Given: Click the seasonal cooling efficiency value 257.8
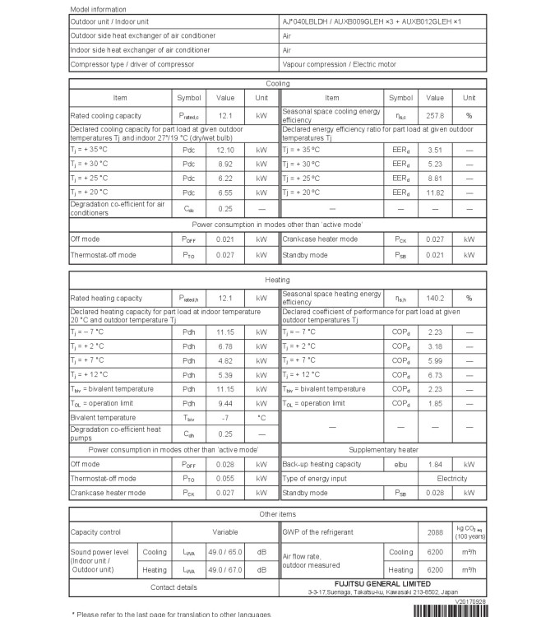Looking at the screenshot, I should [435, 116].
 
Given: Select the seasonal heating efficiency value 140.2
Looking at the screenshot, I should [435, 298].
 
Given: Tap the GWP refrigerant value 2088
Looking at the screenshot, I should [436, 532].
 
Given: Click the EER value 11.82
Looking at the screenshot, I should [435, 193].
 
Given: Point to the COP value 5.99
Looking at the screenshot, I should [435, 360].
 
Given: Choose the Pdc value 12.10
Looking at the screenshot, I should [225, 151].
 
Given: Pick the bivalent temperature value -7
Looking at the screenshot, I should [225, 418].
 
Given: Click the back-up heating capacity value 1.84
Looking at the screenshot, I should [435, 464].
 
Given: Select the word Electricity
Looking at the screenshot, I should [451, 478].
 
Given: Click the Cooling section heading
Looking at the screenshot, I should [277, 84].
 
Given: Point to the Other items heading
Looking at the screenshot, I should [277, 513].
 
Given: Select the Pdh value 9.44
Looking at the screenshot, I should [225, 403].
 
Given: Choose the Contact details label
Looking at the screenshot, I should [173, 587].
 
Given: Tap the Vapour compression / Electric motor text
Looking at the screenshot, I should [338, 63].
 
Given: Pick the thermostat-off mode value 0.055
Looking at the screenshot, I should [225, 478].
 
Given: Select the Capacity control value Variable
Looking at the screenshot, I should [225, 532].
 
